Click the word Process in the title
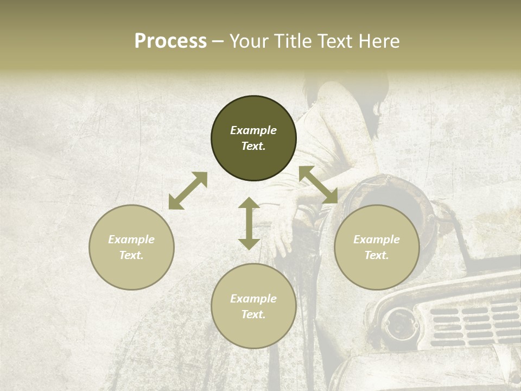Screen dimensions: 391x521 pos(170,41)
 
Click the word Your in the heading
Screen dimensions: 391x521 pos(250,41)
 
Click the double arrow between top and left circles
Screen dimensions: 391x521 pos(188,191)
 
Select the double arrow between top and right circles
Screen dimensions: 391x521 pos(319,185)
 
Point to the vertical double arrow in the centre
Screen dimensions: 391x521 pos(249,223)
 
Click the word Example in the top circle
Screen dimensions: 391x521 pos(253,130)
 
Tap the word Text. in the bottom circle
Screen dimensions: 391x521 pos(253,314)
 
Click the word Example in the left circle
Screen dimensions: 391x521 pos(131,239)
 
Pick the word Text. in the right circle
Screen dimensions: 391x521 pos(377,255)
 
